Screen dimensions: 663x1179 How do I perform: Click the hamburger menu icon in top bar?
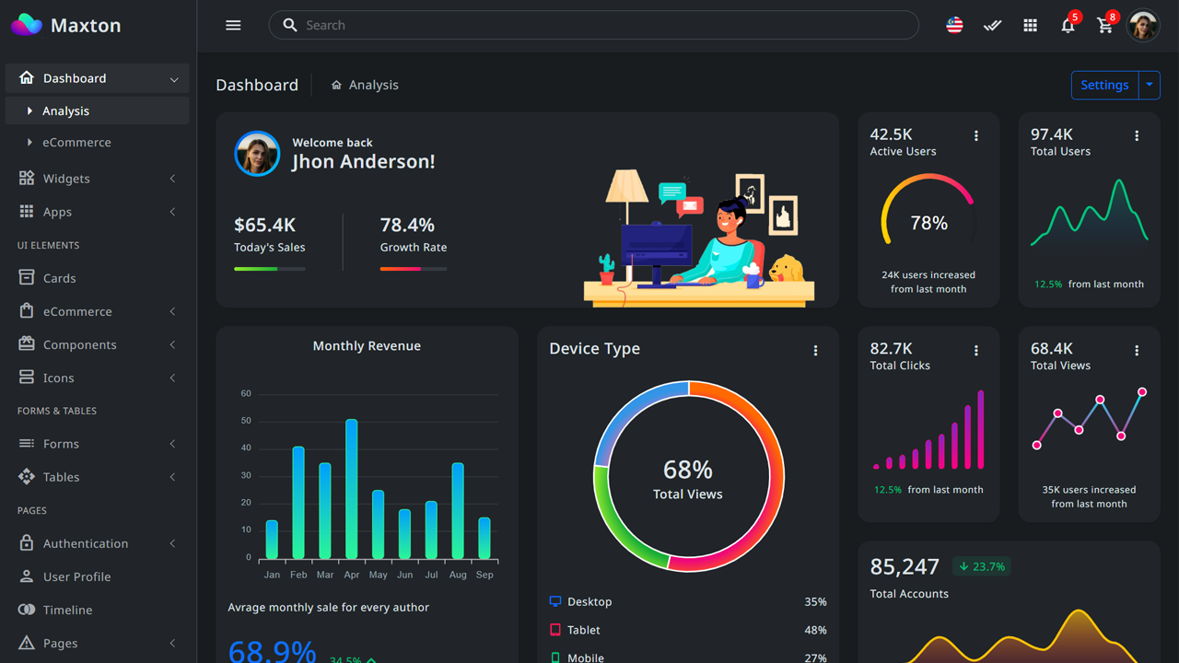[233, 25]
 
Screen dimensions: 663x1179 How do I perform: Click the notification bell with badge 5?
[1068, 26]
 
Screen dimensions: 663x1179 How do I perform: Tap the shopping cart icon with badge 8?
[1105, 26]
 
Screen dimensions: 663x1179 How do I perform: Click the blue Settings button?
[1104, 85]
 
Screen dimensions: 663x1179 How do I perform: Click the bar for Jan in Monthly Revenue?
[272, 540]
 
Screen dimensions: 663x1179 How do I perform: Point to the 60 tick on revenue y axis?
[246, 393]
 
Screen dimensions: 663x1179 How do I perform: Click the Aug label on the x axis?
[458, 575]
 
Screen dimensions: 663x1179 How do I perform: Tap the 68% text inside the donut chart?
[688, 470]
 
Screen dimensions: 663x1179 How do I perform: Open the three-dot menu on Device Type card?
[815, 350]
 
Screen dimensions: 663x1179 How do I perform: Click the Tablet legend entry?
[583, 630]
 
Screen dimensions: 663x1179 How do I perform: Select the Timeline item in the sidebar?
[67, 610]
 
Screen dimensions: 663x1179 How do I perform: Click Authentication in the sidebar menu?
[86, 543]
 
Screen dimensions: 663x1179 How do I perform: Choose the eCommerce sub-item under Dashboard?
[76, 143]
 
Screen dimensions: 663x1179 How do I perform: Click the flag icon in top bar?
[954, 26]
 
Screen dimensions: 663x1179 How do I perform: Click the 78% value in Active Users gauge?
[928, 223]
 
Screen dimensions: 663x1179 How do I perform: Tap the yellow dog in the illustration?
[787, 269]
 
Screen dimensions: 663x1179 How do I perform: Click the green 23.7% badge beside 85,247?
[981, 566]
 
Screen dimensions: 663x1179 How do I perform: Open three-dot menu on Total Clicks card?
[976, 350]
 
